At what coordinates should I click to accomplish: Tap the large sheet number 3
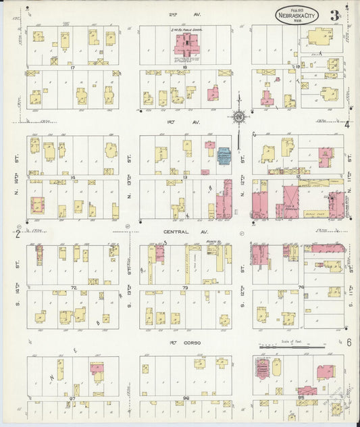pyautogui.click(x=334, y=15)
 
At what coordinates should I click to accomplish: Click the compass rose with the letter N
pyautogui.click(x=238, y=118)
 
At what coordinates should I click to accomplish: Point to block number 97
pyautogui.click(x=71, y=399)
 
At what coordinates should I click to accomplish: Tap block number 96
pyautogui.click(x=185, y=399)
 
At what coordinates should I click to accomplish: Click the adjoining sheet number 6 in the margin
pyautogui.click(x=349, y=342)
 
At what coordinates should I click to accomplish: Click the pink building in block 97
pyautogui.click(x=97, y=370)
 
